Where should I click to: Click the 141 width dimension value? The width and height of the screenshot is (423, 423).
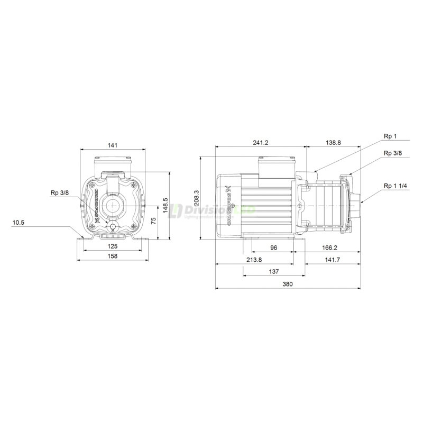pos(112,144)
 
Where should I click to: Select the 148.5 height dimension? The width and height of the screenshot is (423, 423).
pos(165,204)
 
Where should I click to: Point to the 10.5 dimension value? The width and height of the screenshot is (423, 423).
pos(19,223)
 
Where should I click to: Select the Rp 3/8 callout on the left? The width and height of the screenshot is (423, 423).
pos(59,192)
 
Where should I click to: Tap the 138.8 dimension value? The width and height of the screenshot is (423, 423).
pos(333,143)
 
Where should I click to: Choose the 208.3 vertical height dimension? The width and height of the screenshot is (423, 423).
pos(197,198)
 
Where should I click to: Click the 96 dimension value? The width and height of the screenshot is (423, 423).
pos(272,246)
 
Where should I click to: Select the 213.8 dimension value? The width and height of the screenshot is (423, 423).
pos(255,260)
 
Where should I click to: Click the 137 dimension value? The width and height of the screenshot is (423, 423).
pos(273,271)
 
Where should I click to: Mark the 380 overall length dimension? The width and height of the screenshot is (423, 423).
pos(288,284)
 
